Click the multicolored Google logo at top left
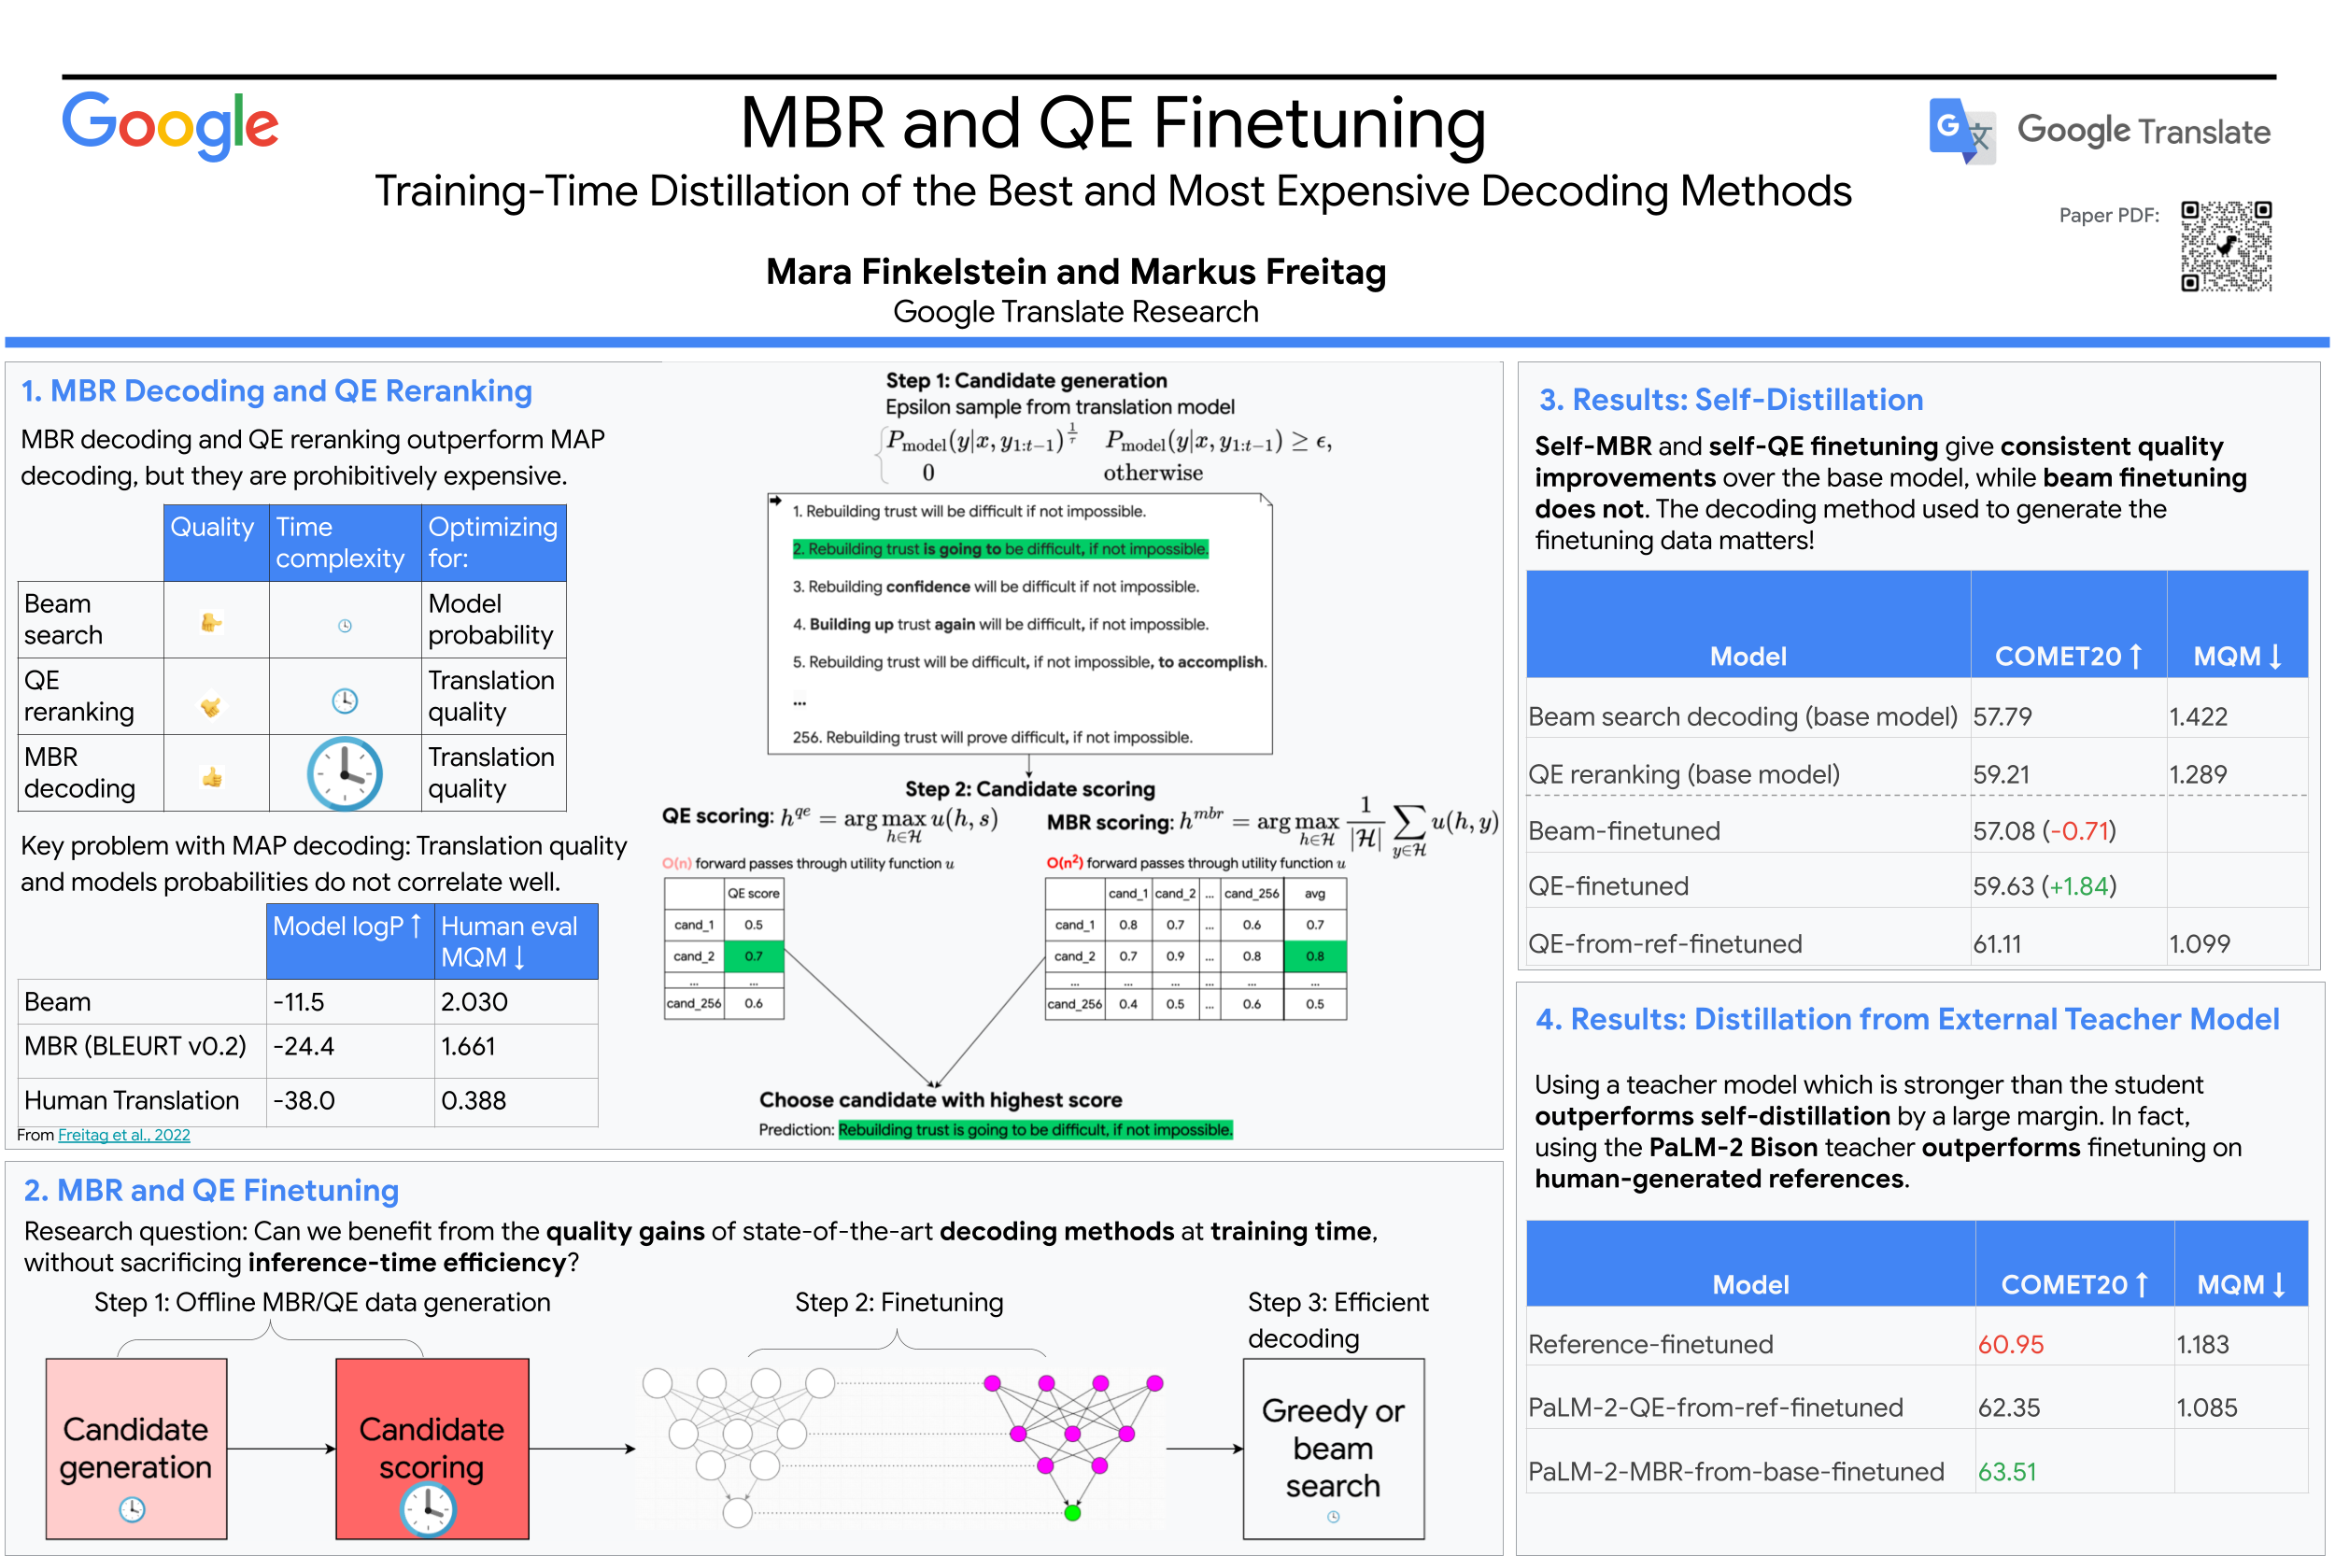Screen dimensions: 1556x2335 (170, 126)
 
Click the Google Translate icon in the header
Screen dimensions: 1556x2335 (1960, 130)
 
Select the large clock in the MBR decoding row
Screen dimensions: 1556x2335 (345, 773)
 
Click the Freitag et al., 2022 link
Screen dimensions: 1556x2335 (124, 1136)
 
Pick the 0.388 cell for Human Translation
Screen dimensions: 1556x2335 (474, 1100)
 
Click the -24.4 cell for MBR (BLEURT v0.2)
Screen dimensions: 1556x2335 (304, 1046)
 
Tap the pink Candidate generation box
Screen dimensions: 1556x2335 (136, 1448)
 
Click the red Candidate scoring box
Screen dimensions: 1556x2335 (432, 1448)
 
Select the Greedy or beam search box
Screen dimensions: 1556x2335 (1333, 1448)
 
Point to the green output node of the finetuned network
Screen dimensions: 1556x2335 (1071, 1513)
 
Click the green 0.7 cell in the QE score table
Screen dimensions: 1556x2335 (754, 956)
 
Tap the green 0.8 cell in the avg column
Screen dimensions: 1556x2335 (1315, 956)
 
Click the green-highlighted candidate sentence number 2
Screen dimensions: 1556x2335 (1000, 549)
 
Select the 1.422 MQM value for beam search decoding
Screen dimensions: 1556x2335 (2198, 716)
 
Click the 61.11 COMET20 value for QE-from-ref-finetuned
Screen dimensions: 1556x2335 (1997, 943)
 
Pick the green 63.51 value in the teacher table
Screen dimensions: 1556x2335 (2006, 1472)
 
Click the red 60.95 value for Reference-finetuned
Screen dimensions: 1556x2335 (2011, 1345)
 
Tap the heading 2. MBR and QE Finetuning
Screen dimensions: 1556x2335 (211, 1190)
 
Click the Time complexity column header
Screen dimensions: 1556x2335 (339, 543)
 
